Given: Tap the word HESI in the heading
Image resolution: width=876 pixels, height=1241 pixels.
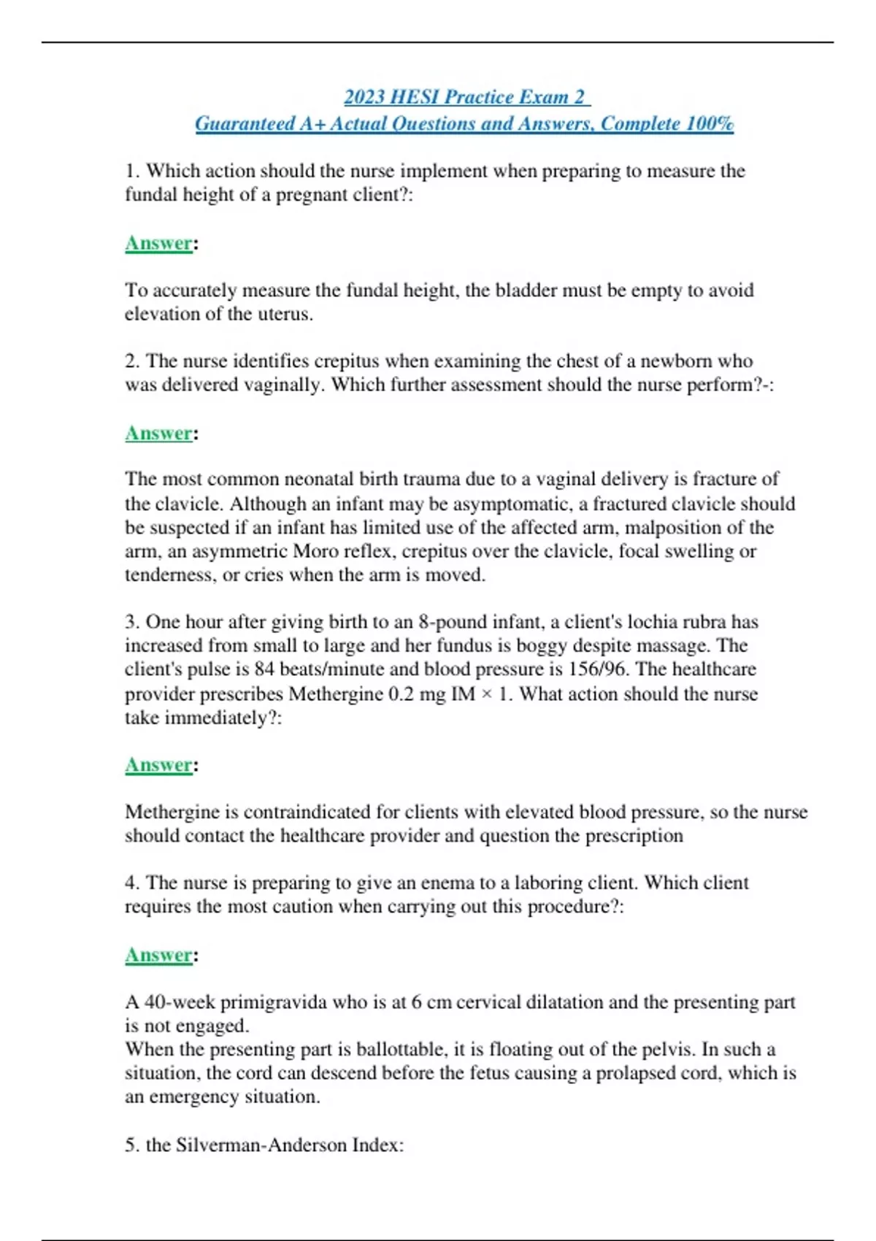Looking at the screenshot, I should [x=415, y=97].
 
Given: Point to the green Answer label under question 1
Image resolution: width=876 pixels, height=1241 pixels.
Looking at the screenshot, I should [x=158, y=243].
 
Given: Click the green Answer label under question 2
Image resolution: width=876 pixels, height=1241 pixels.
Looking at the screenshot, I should [x=158, y=434].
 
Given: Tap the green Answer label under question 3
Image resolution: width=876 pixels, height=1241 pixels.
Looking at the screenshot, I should [x=158, y=765].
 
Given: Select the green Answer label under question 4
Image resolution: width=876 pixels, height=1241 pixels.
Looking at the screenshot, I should [x=158, y=956].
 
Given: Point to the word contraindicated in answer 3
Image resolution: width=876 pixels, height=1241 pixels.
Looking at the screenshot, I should [x=307, y=812].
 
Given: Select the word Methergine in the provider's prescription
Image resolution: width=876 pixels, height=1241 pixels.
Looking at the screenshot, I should [x=336, y=693].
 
